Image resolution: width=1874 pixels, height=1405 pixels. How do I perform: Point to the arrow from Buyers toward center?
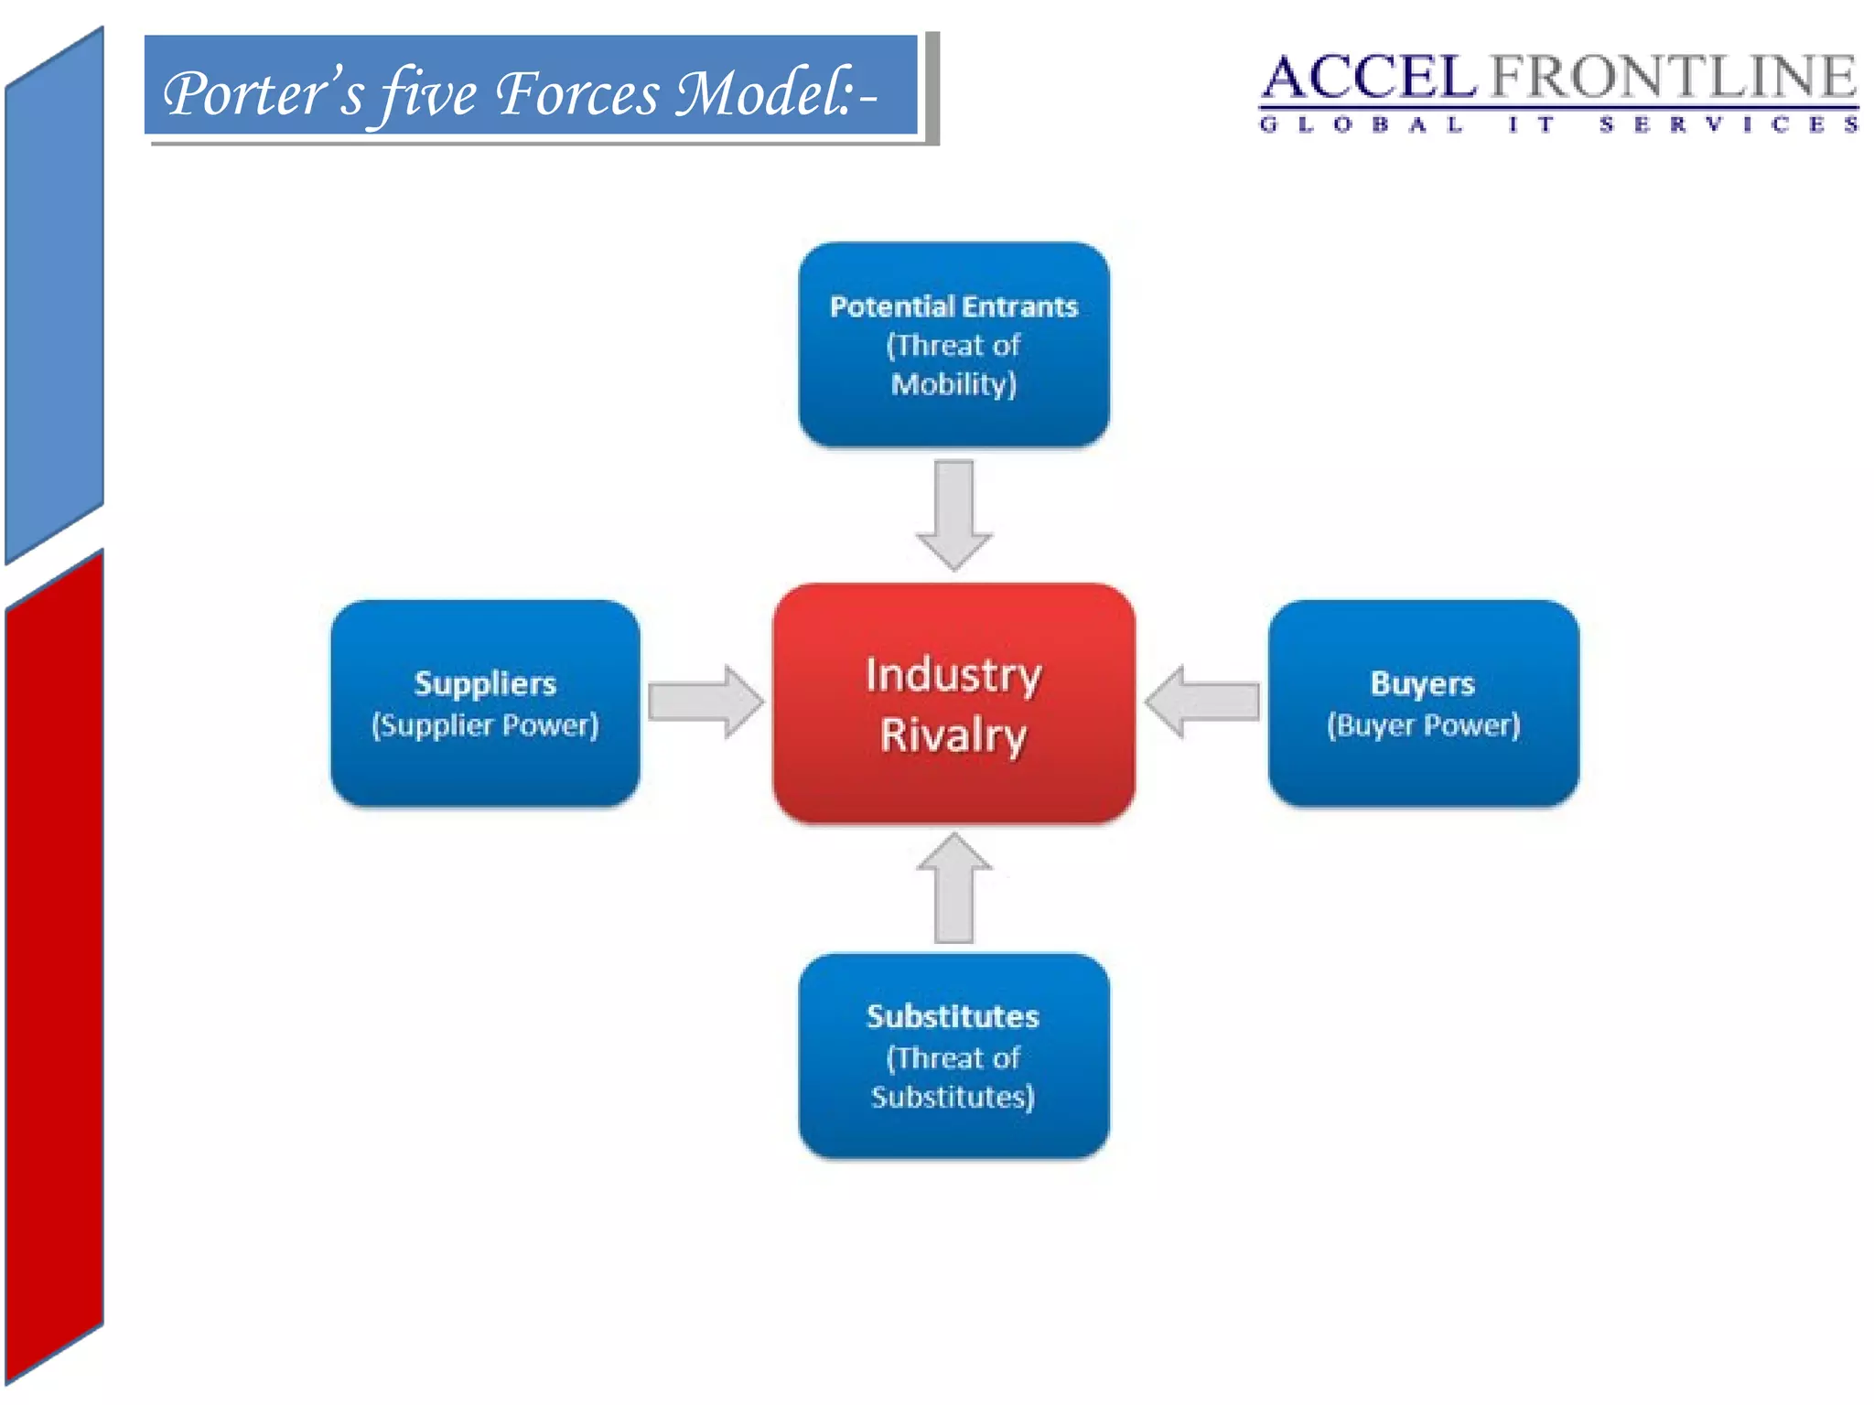(1202, 702)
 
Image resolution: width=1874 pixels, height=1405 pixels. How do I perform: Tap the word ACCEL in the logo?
(1368, 77)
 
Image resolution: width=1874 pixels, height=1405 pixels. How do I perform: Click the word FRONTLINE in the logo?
(1673, 77)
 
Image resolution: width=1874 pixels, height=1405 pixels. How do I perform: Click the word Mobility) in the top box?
(953, 384)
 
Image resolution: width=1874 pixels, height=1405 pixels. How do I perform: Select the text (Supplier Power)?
(485, 725)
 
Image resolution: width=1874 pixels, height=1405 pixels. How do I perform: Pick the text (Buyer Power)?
(1423, 725)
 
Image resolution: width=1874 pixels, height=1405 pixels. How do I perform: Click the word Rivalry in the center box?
(953, 735)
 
